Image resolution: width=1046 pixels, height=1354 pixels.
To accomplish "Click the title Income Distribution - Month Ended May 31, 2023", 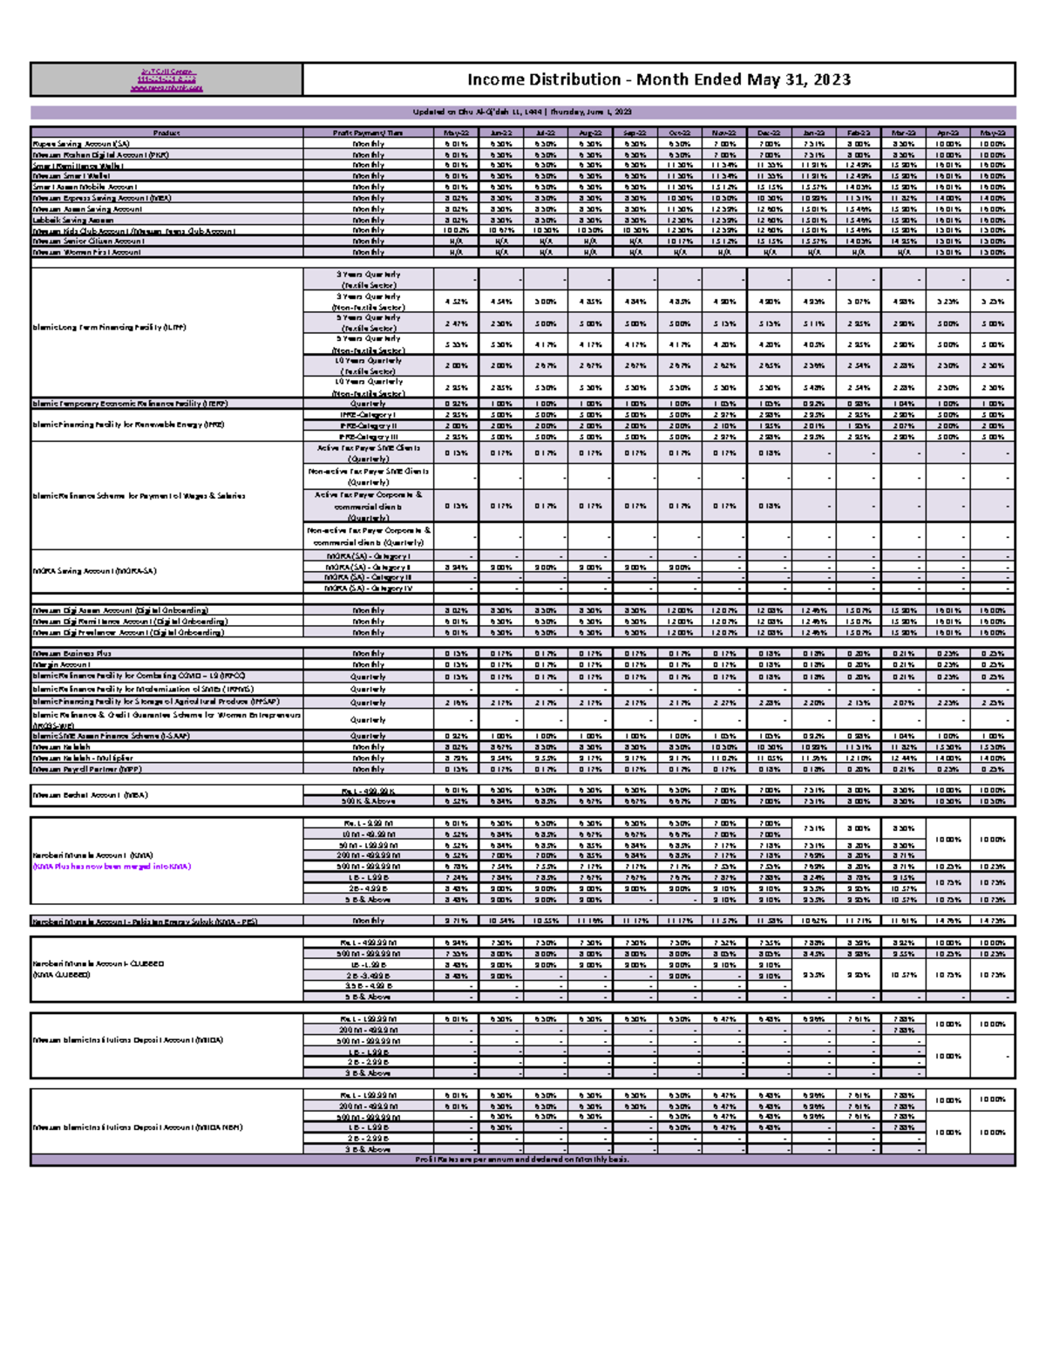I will pyautogui.click(x=658, y=79).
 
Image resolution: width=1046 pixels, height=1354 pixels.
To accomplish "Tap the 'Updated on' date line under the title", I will pyautogui.click(x=522, y=112).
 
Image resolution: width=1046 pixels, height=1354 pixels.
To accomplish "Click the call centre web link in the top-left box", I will pyautogui.click(x=166, y=88).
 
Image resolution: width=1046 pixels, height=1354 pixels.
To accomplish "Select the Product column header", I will pyautogui.click(x=166, y=133).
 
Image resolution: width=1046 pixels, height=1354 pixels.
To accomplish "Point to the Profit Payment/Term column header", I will pyautogui.click(x=368, y=133).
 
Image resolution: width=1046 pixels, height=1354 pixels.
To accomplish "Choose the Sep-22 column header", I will pyautogui.click(x=635, y=133).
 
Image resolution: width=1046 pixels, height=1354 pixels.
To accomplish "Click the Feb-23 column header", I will pyautogui.click(x=858, y=133).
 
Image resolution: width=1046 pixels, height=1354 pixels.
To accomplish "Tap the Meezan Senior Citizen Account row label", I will pyautogui.click(x=88, y=242).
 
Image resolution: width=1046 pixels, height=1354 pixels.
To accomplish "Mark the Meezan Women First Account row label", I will pyautogui.click(x=86, y=252).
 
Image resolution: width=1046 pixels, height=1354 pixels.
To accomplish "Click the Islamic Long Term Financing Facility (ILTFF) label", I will pyautogui.click(x=109, y=328).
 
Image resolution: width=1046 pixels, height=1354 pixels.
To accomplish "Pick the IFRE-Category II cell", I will pyautogui.click(x=368, y=425).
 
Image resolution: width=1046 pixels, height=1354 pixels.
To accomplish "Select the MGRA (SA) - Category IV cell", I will pyautogui.click(x=368, y=589).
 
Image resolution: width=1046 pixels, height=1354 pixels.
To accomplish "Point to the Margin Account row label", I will pyautogui.click(x=61, y=664).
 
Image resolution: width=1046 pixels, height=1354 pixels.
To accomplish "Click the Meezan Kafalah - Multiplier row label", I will pyautogui.click(x=83, y=759).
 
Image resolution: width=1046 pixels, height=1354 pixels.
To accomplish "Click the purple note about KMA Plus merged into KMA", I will pyautogui.click(x=111, y=867).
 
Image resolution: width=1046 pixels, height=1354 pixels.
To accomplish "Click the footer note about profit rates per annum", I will pyautogui.click(x=522, y=1160).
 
